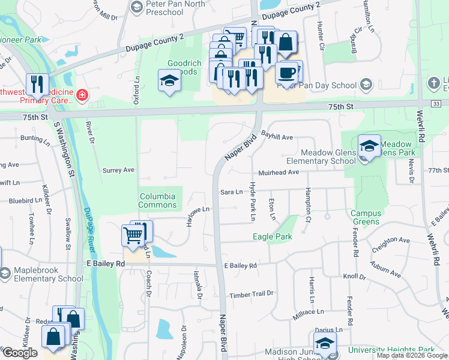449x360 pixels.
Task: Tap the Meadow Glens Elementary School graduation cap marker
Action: (369, 146)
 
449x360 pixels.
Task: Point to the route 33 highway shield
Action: (436, 104)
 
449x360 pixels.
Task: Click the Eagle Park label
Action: (272, 236)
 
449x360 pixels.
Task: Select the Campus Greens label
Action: (365, 217)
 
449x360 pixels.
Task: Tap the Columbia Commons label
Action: (157, 200)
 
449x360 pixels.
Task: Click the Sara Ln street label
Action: (231, 192)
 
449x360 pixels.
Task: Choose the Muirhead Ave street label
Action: (276, 172)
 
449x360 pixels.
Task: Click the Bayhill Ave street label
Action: (276, 137)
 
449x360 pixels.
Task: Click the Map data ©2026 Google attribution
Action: (412, 355)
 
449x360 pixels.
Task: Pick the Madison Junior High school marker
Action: (325, 344)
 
